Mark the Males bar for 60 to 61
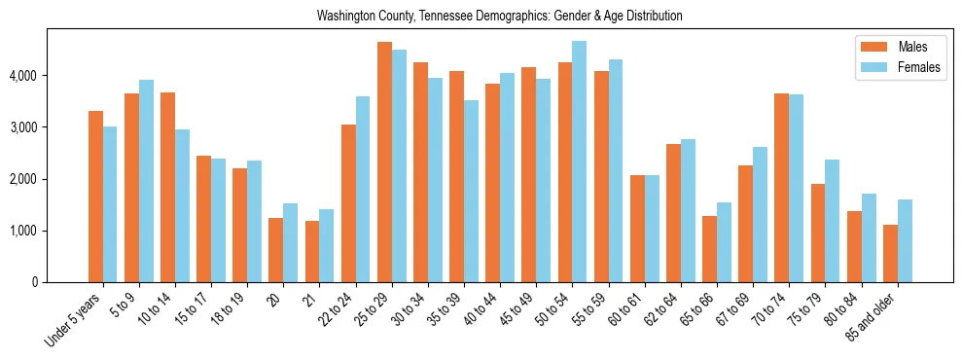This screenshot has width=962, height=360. point(637,229)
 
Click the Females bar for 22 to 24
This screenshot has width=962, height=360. point(363,189)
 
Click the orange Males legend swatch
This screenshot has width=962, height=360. point(872,47)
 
